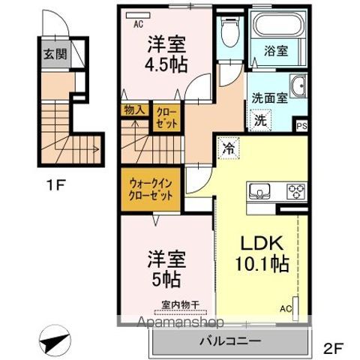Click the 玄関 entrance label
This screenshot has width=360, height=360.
(x=52, y=54)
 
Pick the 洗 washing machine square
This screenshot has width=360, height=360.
(x=259, y=118)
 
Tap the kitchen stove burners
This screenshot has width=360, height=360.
(x=295, y=190)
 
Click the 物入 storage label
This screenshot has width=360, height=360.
(x=134, y=110)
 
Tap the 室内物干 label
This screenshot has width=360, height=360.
(x=177, y=304)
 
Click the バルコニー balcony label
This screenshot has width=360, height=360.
(x=229, y=341)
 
